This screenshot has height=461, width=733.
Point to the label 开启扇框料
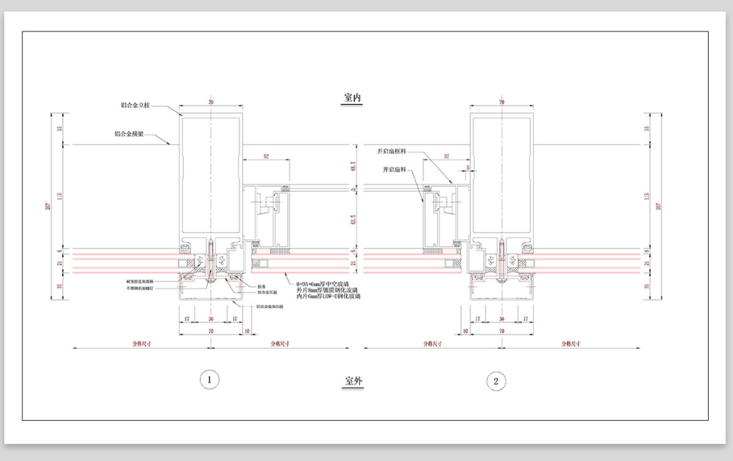point(393,152)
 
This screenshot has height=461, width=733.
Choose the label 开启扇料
point(394,170)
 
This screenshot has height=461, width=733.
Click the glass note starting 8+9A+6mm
point(328,283)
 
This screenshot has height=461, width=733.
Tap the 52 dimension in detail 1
point(266,155)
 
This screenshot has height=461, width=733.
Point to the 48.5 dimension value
point(352,167)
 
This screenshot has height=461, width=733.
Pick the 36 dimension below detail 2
point(501,319)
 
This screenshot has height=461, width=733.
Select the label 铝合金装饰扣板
point(273,307)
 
